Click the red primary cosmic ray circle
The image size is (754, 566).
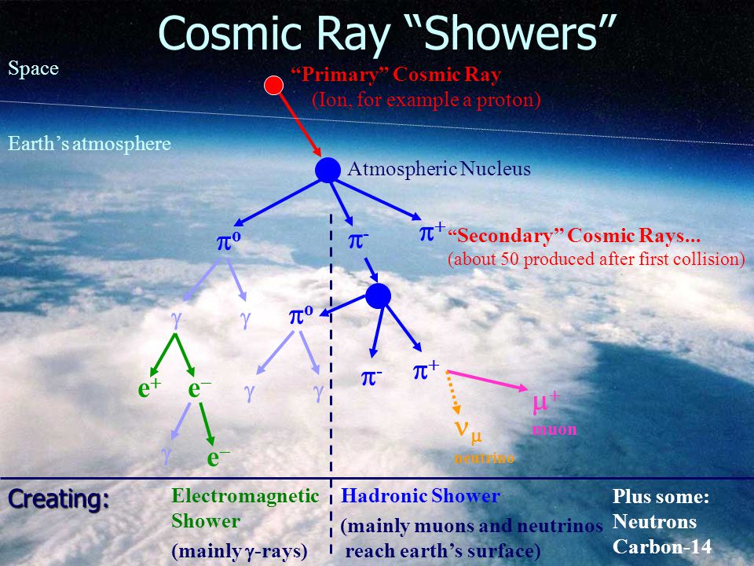pyautogui.click(x=273, y=85)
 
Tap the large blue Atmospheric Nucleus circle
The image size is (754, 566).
pyautogui.click(x=328, y=170)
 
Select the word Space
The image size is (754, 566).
pyautogui.click(x=33, y=69)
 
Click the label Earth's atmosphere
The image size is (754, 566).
pyautogui.click(x=90, y=144)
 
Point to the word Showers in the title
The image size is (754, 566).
pyautogui.click(x=511, y=34)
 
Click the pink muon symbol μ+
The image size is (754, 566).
pyautogui.click(x=547, y=402)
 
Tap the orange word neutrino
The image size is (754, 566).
pyautogui.click(x=485, y=458)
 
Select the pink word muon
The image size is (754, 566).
pyautogui.click(x=554, y=429)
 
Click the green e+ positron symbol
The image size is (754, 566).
pyautogui.click(x=149, y=388)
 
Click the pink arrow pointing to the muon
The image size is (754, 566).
pyautogui.click(x=487, y=380)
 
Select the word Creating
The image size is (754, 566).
pyautogui.click(x=59, y=499)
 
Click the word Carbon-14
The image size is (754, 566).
pyautogui.click(x=661, y=547)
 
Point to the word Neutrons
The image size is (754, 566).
pyautogui.click(x=654, y=522)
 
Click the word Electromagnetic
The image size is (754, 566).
pyautogui.click(x=245, y=496)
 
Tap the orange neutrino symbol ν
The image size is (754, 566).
pyautogui.click(x=461, y=428)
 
